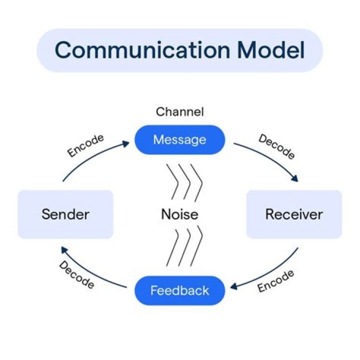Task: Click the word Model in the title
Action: click(x=271, y=50)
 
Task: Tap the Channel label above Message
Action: click(x=179, y=111)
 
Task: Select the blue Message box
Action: click(x=179, y=139)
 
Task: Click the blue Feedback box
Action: click(x=179, y=290)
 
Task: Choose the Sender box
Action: click(x=65, y=214)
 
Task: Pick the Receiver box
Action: click(x=294, y=214)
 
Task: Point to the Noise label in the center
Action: click(x=179, y=214)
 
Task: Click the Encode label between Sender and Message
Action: click(x=85, y=145)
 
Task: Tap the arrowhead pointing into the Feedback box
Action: click(x=233, y=287)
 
